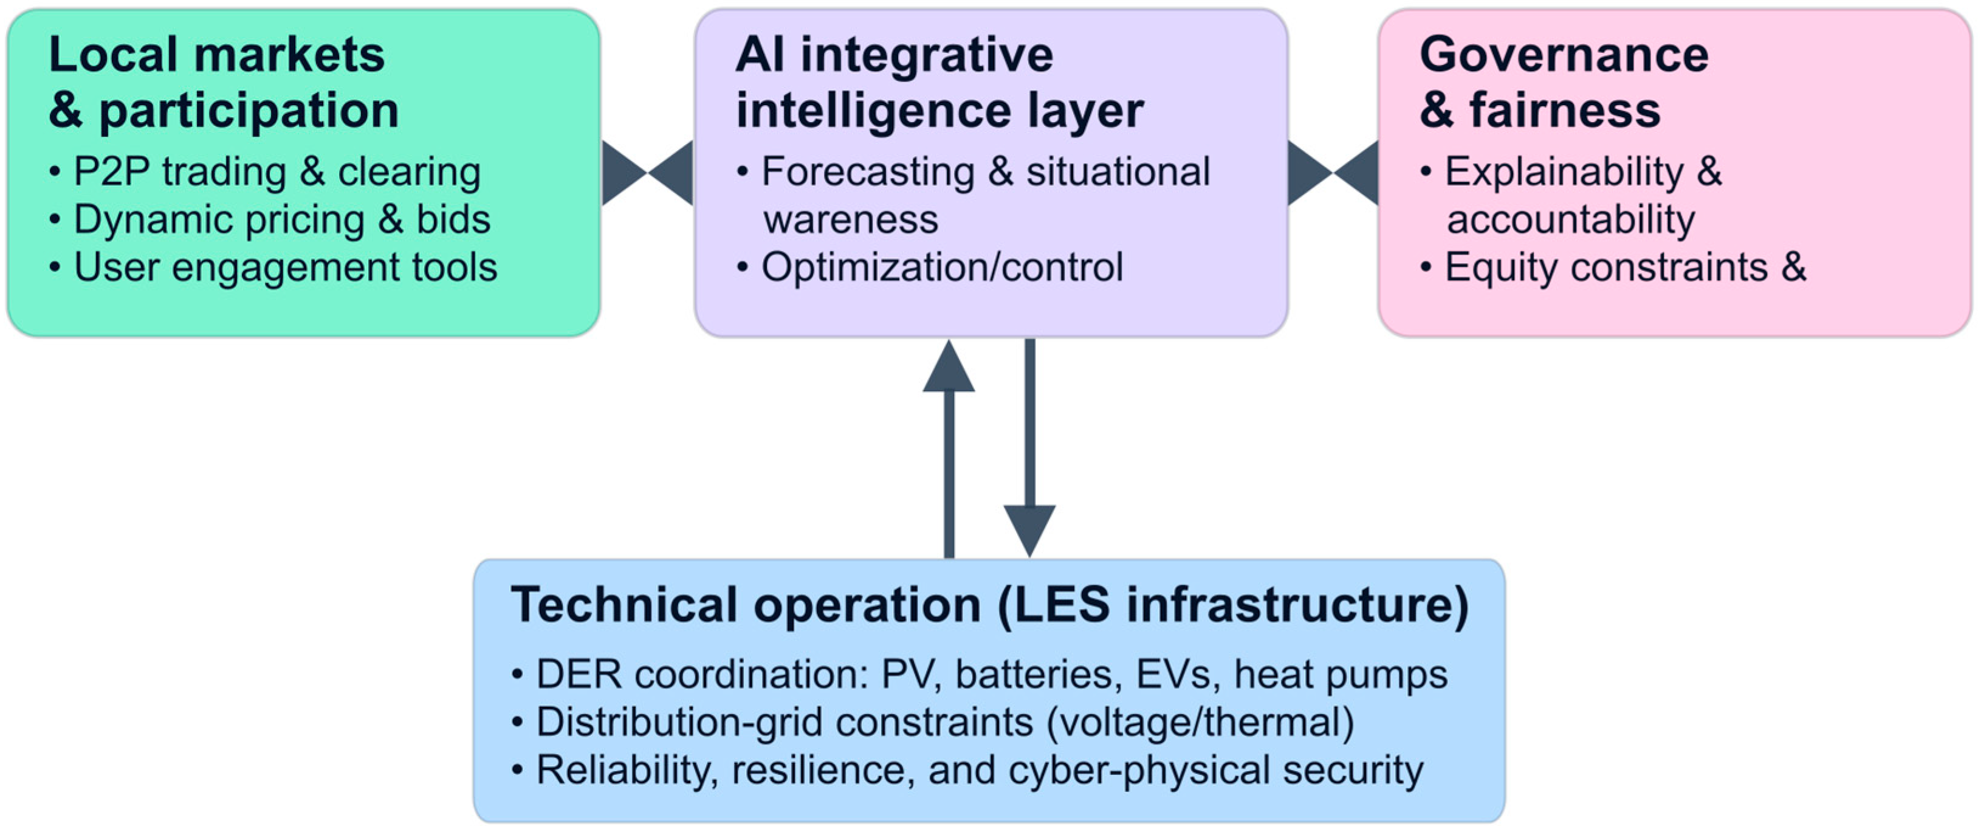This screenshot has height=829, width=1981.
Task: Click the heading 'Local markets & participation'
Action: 223,82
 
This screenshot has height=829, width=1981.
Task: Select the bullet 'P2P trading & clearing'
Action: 277,171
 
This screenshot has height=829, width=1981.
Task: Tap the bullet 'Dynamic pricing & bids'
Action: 281,220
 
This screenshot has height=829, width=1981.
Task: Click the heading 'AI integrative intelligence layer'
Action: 939,82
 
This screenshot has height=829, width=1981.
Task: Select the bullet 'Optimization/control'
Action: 942,267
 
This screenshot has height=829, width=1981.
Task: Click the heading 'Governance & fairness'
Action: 1564,82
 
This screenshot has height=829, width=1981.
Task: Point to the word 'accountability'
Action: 1570,220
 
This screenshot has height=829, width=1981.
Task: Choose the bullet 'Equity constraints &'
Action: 1625,267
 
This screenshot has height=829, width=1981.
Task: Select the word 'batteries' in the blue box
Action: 1033,675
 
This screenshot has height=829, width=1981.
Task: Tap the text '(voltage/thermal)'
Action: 1200,723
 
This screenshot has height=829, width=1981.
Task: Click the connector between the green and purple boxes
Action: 648,172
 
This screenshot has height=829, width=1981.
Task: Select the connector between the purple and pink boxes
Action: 1333,172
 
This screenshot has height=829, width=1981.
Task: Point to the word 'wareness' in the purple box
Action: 851,220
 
